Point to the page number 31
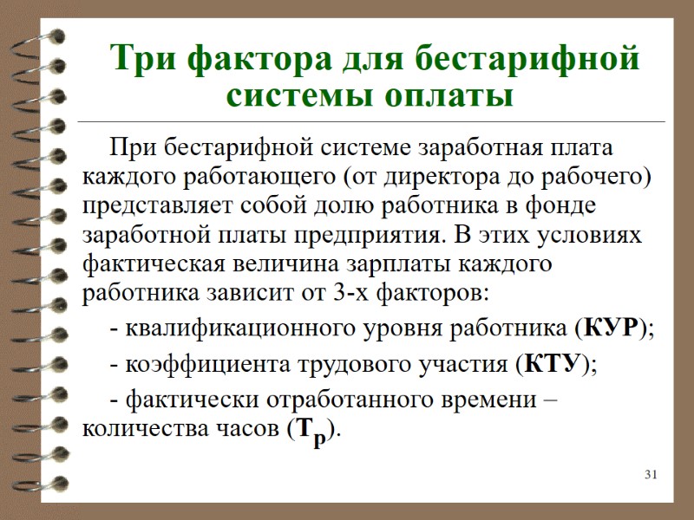pyautogui.click(x=652, y=475)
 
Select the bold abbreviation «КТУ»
pyautogui.click(x=553, y=364)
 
